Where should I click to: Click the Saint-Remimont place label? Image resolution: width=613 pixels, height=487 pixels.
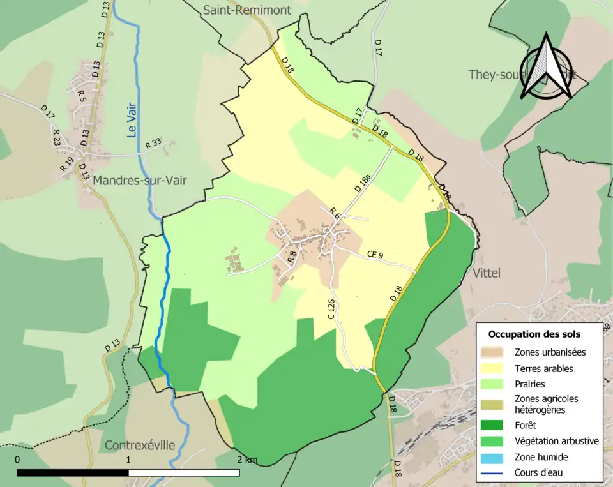246,10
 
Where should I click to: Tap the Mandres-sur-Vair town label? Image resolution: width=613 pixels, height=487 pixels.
139,181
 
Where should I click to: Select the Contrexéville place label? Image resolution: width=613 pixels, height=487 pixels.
139,445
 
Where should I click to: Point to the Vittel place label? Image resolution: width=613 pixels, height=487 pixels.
487,273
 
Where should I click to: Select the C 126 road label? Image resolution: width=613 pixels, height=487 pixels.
331,309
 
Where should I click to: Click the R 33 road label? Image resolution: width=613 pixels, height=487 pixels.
154,144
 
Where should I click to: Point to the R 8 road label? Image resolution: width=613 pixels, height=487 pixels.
292,257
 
